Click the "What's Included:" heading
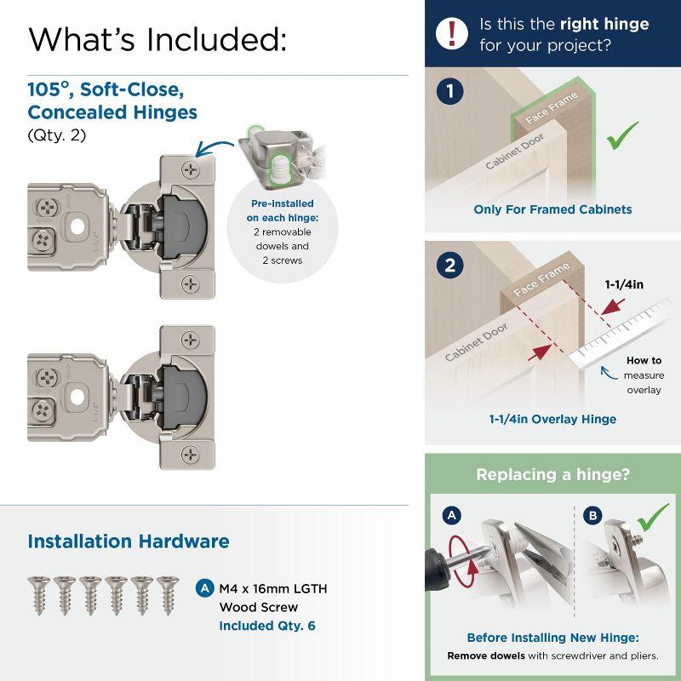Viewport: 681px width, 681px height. coord(157,39)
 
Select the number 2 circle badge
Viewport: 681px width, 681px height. coord(450,266)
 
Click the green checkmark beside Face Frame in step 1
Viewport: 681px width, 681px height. coord(621,134)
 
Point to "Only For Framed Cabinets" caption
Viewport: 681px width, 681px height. coord(552,209)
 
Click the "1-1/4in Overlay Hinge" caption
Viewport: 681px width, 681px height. coord(552,419)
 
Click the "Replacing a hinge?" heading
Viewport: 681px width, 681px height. coord(552,475)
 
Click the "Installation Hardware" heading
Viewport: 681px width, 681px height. coord(129,541)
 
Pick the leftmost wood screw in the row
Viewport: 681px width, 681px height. coord(38,592)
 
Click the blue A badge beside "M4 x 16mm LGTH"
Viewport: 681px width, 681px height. coord(204,588)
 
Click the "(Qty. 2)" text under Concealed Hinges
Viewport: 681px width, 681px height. coord(58,135)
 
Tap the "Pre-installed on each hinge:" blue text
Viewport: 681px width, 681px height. coord(282,211)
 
